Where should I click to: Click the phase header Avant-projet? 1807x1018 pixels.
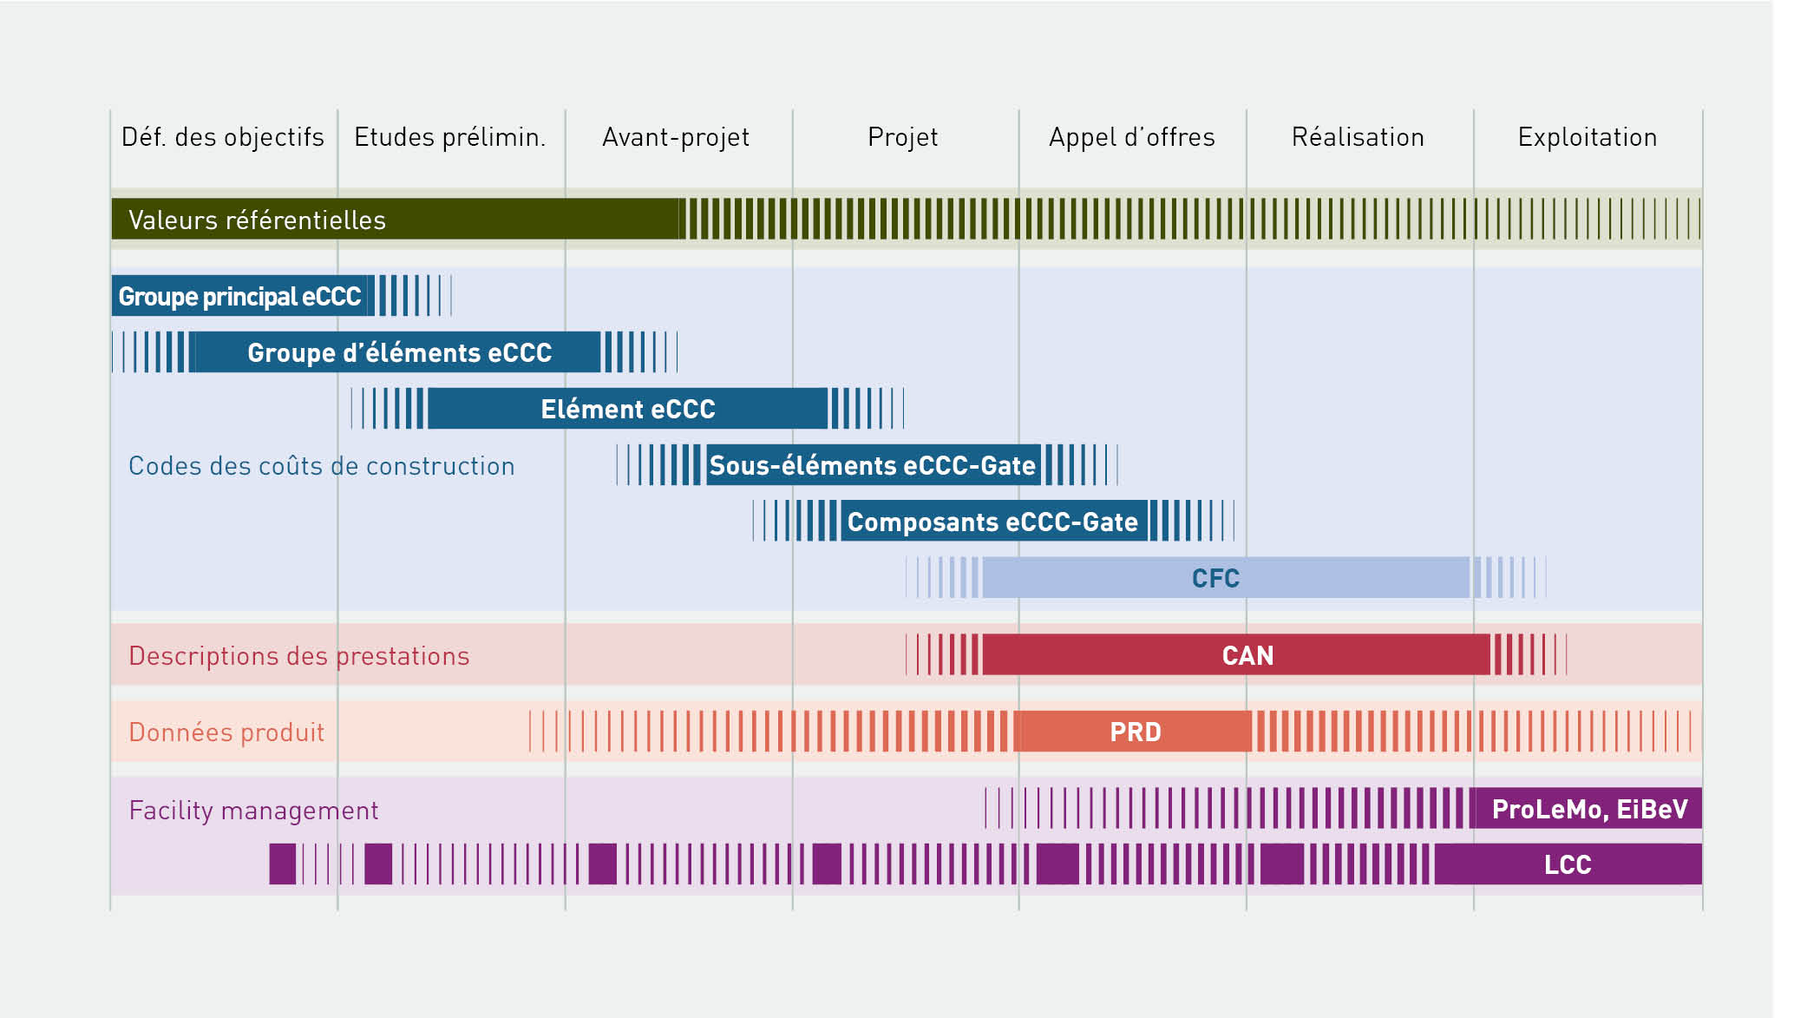[676, 137]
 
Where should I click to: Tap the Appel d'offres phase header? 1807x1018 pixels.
[1131, 137]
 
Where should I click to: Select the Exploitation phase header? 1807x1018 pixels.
[1587, 137]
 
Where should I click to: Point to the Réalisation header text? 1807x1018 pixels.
[1358, 137]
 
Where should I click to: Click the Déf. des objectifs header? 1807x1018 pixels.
[223, 137]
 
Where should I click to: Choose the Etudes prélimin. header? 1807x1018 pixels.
[450, 137]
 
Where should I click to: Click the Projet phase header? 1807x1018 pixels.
[903, 137]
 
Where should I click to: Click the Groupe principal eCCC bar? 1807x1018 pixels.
[240, 296]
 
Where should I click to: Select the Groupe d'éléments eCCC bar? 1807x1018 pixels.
[399, 352]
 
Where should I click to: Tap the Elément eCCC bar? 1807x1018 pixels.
[627, 409]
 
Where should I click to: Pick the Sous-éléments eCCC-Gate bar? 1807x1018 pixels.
[872, 465]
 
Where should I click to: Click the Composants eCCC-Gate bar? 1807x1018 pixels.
[992, 522]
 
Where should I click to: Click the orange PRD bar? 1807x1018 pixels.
[1135, 732]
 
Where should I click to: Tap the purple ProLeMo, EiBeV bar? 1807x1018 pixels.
[1588, 809]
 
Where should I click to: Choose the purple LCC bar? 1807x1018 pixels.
[1568, 864]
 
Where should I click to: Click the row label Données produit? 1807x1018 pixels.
[226, 732]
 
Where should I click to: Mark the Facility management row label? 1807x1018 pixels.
[253, 811]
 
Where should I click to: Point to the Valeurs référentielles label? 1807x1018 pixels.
[257, 220]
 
